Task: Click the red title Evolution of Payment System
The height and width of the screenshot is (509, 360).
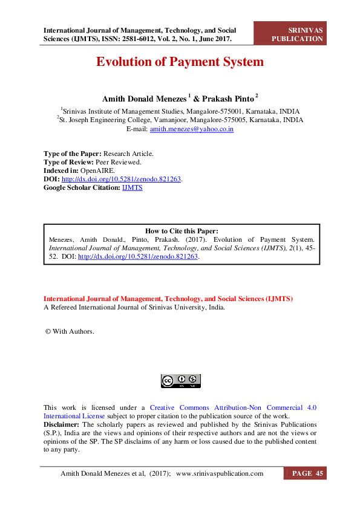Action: tap(180, 62)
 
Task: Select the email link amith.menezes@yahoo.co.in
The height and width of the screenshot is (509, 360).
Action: tap(192, 129)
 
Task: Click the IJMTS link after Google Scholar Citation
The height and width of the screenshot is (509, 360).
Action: tap(132, 187)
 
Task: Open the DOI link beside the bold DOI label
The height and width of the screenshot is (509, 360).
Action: tap(122, 179)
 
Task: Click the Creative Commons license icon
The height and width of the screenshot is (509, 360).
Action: tap(180, 381)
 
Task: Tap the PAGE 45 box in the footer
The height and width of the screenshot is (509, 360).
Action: tap(306, 473)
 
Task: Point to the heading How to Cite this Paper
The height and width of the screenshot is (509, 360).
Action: tap(182, 231)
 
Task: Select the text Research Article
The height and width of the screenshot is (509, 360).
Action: tap(128, 154)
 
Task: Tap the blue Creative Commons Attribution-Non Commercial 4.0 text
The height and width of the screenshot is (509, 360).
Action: tap(232, 407)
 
